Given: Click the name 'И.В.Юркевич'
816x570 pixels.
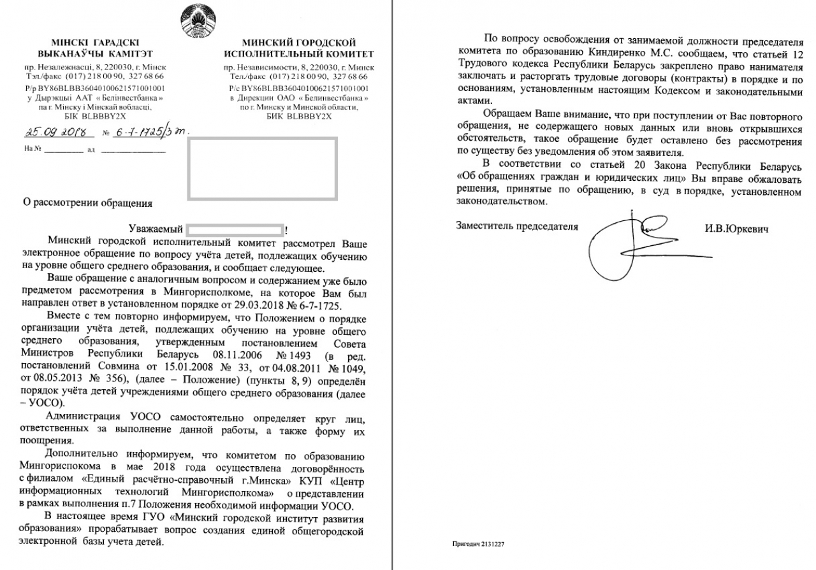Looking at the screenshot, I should point(736,228).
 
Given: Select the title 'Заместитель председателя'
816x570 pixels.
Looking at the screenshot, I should point(517,226).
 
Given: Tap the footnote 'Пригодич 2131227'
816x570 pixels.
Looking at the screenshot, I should point(478,545).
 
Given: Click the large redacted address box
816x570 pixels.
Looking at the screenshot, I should point(262,167).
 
